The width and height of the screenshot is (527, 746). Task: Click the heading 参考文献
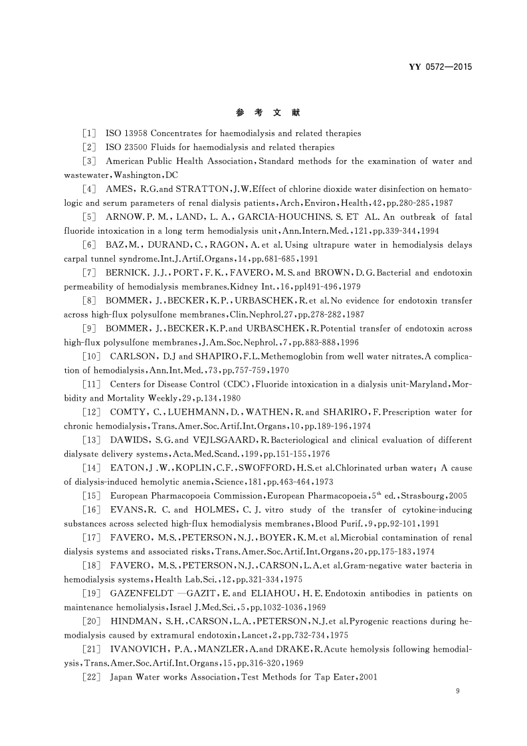click(263, 112)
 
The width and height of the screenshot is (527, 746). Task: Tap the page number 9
click(458, 692)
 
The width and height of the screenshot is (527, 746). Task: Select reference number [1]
click(88, 134)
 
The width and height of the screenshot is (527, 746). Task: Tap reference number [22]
click(90, 677)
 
